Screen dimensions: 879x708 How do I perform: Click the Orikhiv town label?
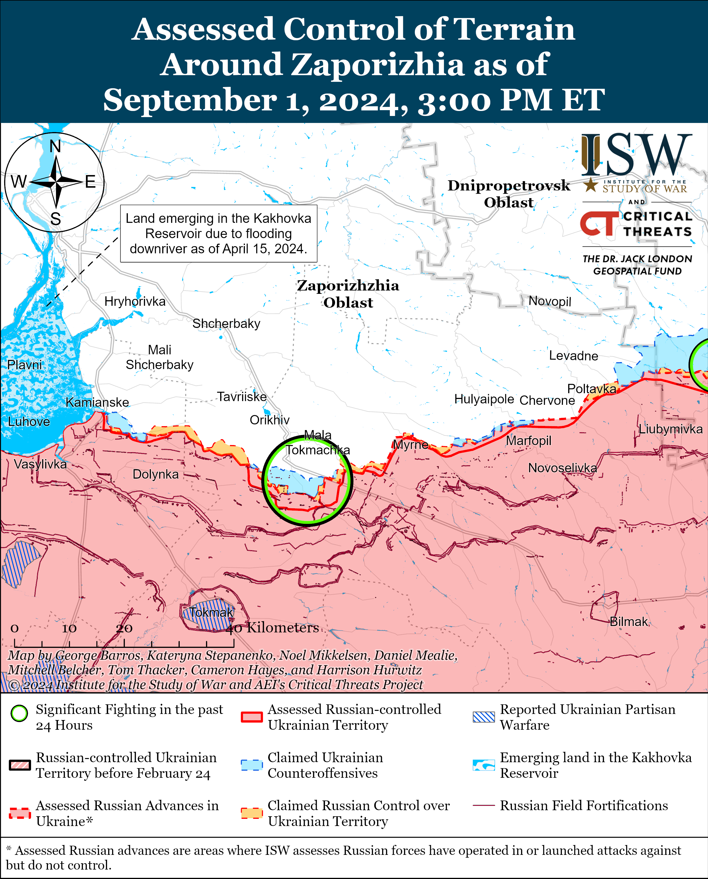tap(270, 420)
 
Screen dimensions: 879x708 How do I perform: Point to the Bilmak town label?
tap(628, 622)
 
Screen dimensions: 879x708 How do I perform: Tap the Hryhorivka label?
tap(135, 302)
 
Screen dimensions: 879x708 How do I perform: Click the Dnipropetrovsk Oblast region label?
tap(509, 194)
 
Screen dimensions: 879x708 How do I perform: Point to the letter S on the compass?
tap(56, 219)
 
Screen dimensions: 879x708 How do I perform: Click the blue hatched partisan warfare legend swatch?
tap(484, 717)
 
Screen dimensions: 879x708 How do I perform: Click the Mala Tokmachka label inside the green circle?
tap(317, 443)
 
